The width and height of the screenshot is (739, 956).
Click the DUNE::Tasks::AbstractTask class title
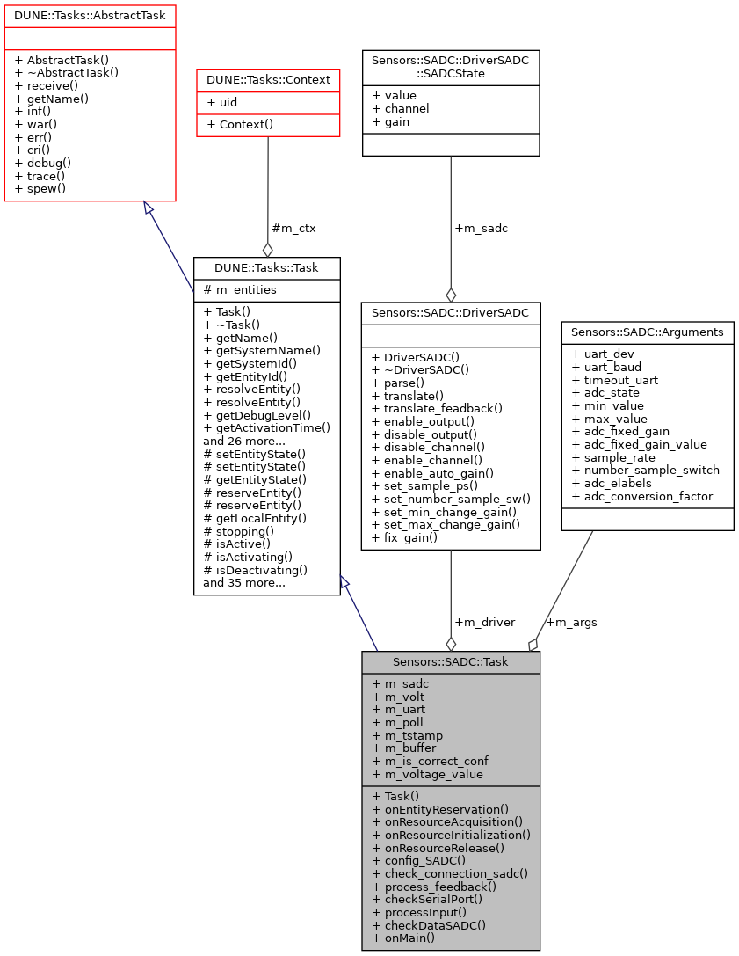coord(91,15)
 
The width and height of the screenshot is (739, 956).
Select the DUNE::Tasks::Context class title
coord(268,80)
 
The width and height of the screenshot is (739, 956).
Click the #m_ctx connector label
coord(293,228)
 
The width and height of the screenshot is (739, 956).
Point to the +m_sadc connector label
coord(481,228)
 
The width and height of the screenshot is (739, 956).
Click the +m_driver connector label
coord(484,622)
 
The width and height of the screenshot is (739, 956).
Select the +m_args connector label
coord(571,622)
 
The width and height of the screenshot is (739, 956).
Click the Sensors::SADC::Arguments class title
coord(648,332)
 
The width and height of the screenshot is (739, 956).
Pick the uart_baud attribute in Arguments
coord(605,367)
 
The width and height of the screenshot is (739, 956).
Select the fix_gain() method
coord(405,537)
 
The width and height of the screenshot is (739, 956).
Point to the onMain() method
coord(403,938)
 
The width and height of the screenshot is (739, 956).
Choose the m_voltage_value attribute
coord(428,774)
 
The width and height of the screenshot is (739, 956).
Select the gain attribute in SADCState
coord(391,122)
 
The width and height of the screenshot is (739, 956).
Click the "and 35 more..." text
coord(244,582)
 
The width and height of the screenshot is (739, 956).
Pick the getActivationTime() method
coord(266,428)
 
